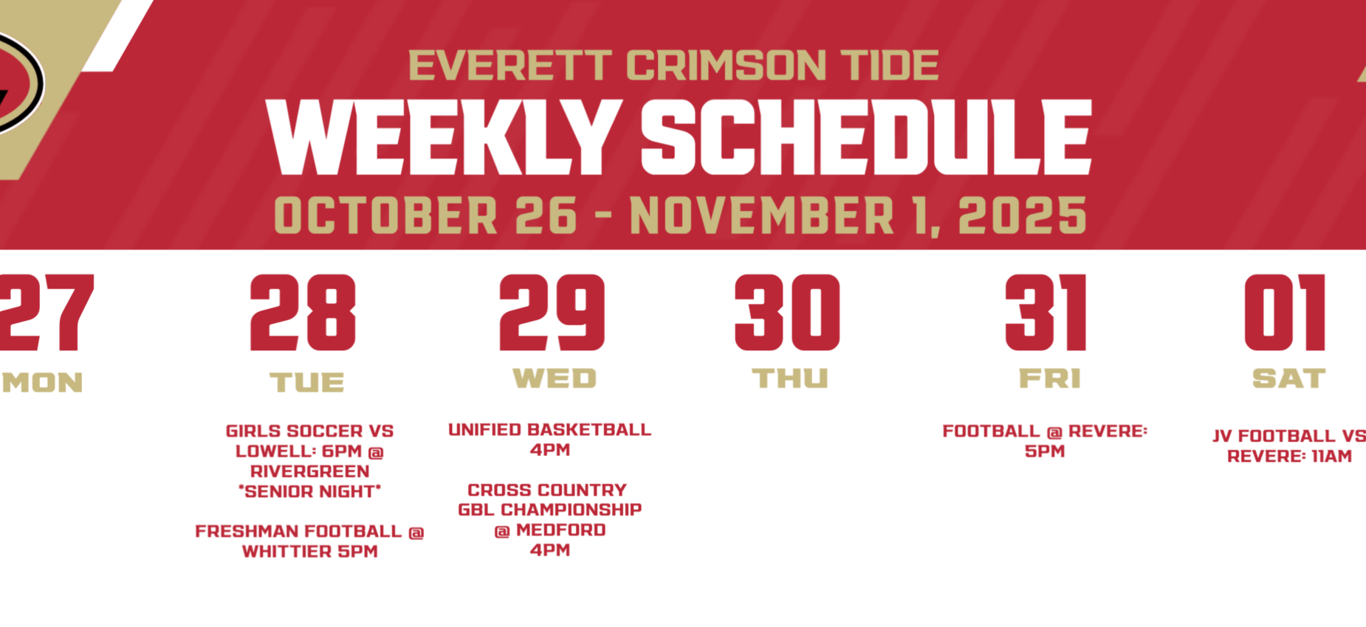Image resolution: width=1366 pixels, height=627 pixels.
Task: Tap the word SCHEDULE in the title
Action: pyautogui.click(x=865, y=137)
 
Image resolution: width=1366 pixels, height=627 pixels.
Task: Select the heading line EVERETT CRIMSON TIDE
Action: pyautogui.click(x=673, y=66)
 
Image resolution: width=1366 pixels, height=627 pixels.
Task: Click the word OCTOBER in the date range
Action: pyautogui.click(x=385, y=215)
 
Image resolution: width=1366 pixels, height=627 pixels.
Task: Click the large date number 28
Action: pyautogui.click(x=303, y=313)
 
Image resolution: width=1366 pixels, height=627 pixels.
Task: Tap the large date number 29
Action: pyautogui.click(x=552, y=313)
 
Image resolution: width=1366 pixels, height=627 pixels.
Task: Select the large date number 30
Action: pyautogui.click(x=787, y=313)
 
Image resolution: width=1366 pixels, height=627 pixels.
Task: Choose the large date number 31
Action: pyautogui.click(x=1046, y=313)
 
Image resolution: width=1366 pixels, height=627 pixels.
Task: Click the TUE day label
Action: pyautogui.click(x=306, y=382)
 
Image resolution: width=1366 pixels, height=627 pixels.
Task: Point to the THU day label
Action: pyautogui.click(x=790, y=379)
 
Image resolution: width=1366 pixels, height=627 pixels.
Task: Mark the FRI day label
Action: pyautogui.click(x=1049, y=379)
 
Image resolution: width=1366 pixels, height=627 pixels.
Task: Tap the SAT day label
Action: pyautogui.click(x=1288, y=379)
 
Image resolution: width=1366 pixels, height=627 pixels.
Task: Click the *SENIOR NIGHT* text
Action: pyautogui.click(x=310, y=491)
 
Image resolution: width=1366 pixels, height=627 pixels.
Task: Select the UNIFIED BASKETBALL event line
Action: pyautogui.click(x=549, y=429)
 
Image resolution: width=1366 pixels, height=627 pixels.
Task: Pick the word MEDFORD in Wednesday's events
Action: pyautogui.click(x=560, y=530)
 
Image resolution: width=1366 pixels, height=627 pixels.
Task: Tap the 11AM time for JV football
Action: pyautogui.click(x=1331, y=456)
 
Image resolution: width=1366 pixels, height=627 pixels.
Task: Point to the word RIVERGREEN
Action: pyautogui.click(x=310, y=471)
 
